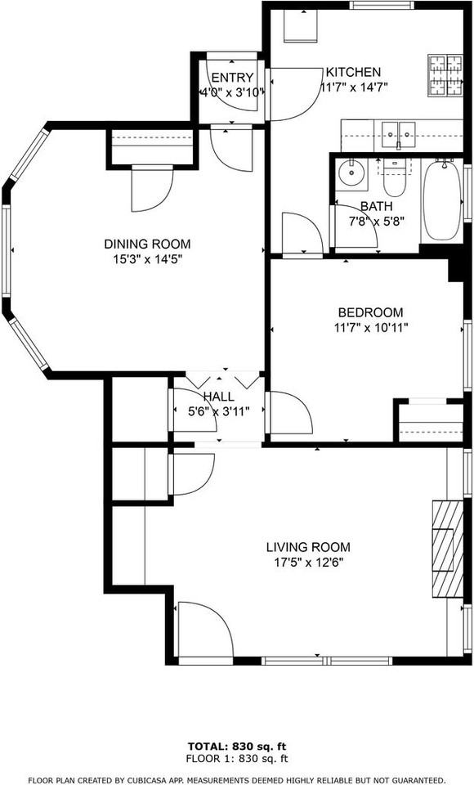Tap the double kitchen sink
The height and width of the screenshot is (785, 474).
[398, 131]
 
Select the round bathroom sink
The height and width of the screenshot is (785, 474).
[353, 173]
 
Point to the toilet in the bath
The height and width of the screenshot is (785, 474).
[395, 174]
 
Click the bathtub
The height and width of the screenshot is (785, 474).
[442, 199]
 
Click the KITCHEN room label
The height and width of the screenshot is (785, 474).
[353, 72]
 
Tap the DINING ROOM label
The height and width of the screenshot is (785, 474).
[147, 244]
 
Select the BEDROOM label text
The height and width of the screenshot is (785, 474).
[371, 312]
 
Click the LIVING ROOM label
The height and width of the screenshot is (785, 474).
[308, 547]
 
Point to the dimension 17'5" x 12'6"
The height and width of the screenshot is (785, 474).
[308, 562]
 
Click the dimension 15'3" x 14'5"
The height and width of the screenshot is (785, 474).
[147, 258]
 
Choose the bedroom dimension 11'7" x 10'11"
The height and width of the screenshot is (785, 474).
[371, 327]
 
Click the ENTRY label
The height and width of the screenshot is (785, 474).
[232, 78]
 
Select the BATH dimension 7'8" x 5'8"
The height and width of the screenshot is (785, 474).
[378, 221]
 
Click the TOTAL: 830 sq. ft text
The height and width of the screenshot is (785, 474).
[237, 747]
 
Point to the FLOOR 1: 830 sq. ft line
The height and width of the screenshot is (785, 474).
[237, 758]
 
